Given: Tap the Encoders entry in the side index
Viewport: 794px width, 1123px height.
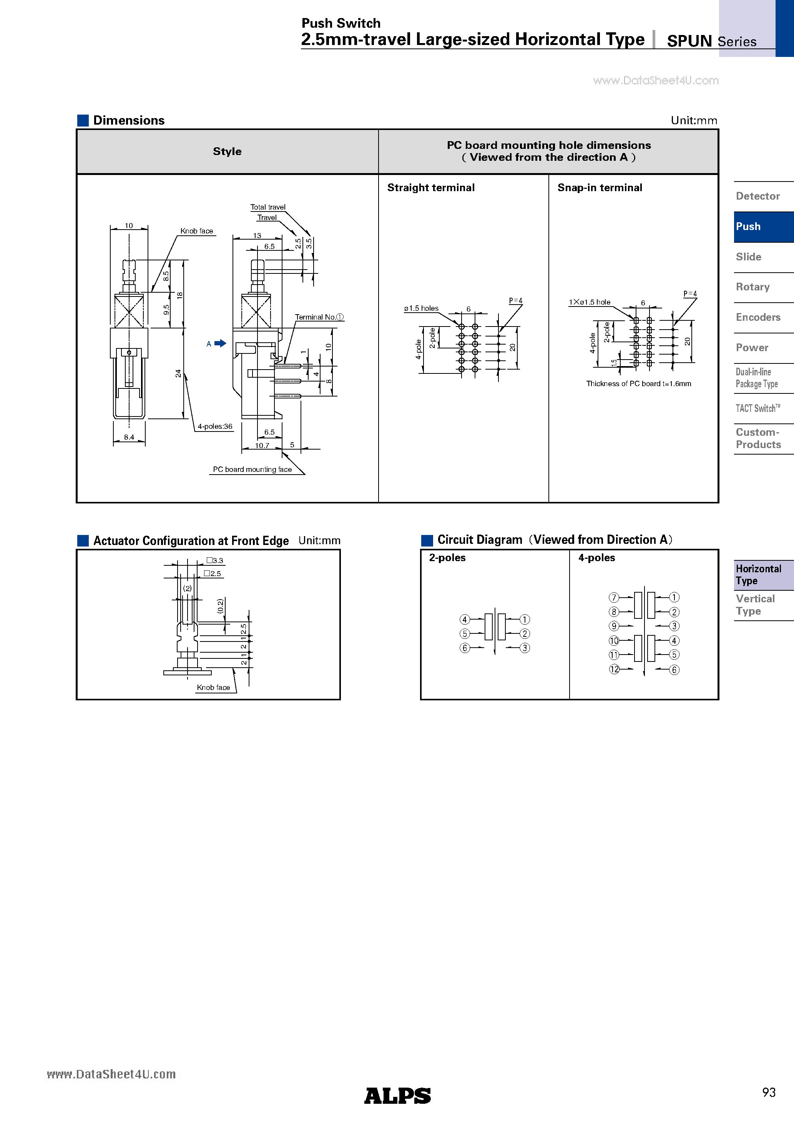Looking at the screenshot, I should (x=758, y=317).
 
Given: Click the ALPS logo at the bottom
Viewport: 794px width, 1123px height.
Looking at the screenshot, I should (x=397, y=1096).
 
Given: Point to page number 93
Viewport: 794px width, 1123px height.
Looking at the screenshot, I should (x=769, y=1092).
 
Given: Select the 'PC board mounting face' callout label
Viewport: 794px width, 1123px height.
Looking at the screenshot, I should (x=252, y=470).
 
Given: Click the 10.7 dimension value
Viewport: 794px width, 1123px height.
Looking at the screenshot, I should (x=262, y=446).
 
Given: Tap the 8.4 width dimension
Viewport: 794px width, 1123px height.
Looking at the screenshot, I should (x=129, y=437).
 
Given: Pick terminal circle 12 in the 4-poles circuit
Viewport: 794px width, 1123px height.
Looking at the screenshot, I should (x=614, y=669).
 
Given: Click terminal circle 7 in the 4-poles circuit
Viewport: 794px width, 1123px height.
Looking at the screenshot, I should (x=614, y=597).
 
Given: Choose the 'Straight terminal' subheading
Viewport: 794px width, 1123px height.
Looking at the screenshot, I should (x=431, y=188).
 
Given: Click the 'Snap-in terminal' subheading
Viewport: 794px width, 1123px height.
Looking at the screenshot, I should (x=600, y=188).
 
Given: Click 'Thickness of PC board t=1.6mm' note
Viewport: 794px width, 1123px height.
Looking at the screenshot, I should (x=638, y=384).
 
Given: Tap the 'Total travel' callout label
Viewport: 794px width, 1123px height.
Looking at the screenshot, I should (x=267, y=207).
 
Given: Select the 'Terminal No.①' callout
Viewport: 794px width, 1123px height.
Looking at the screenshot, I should (x=319, y=317).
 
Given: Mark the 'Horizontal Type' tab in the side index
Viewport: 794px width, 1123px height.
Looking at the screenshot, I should (x=758, y=575).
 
